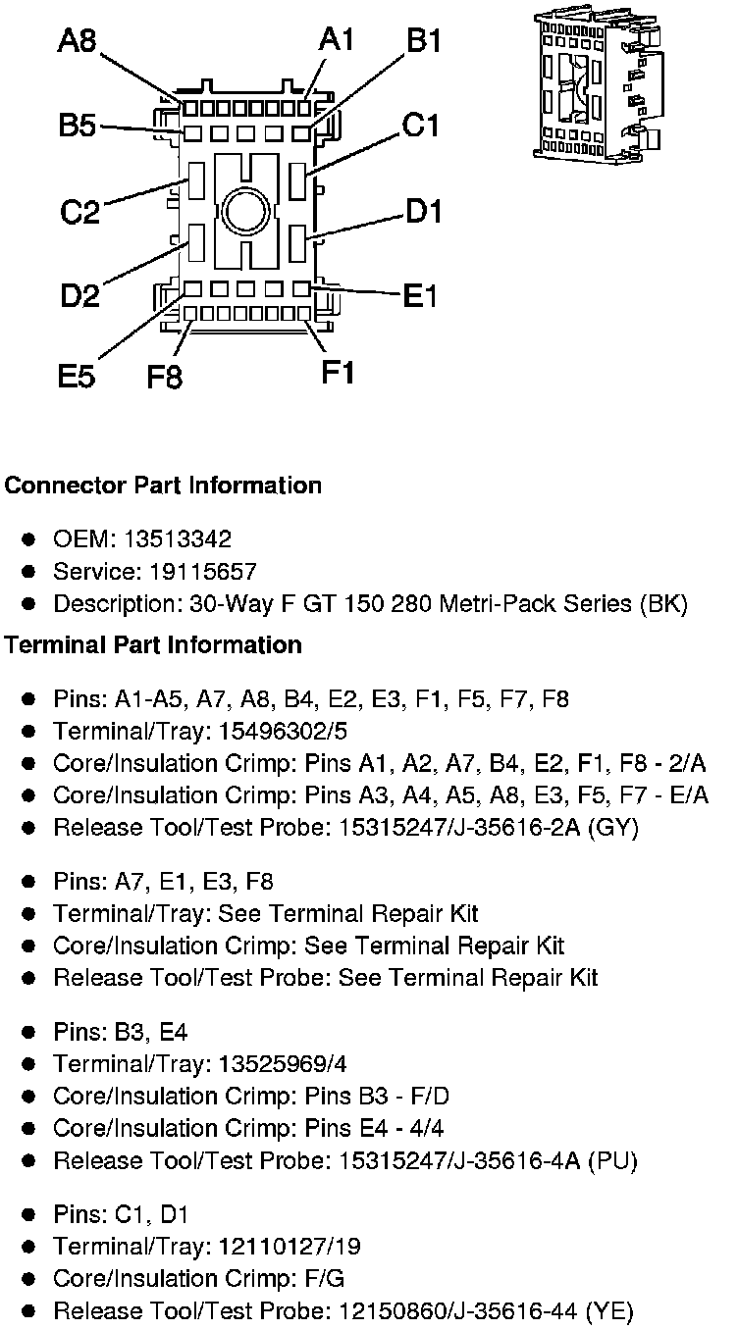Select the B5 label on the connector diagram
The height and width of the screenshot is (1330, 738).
[77, 126]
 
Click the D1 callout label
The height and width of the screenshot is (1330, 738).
[423, 210]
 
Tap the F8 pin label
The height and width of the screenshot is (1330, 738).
[164, 376]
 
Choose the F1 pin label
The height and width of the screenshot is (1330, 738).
[338, 372]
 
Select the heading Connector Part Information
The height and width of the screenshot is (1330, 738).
[163, 486]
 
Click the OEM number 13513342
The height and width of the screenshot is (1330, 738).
[184, 539]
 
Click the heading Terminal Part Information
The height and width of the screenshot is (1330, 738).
[153, 644]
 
